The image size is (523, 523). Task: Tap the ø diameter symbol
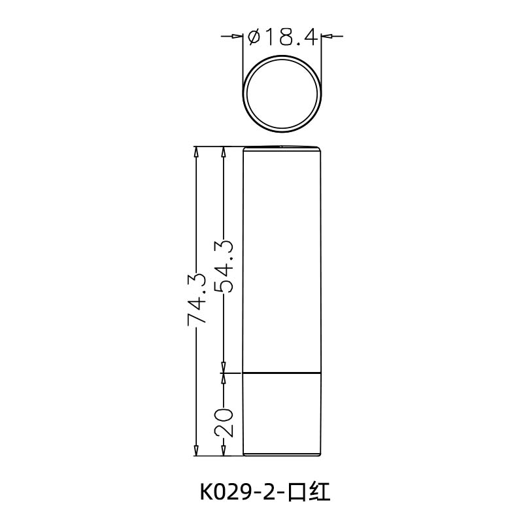(x=255, y=38)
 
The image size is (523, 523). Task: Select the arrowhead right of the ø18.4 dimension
(x=328, y=37)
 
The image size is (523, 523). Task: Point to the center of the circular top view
(x=282, y=92)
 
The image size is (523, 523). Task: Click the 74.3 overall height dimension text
(x=197, y=299)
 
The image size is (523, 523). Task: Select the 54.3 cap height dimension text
(x=224, y=265)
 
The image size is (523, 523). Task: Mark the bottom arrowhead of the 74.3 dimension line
(x=196, y=450)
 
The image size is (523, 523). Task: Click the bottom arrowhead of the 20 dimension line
(x=224, y=450)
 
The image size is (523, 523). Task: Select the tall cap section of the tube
(x=282, y=261)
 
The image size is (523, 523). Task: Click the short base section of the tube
(x=282, y=414)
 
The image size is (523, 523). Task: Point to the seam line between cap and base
(x=282, y=373)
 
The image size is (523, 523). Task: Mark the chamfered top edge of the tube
(x=282, y=147)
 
